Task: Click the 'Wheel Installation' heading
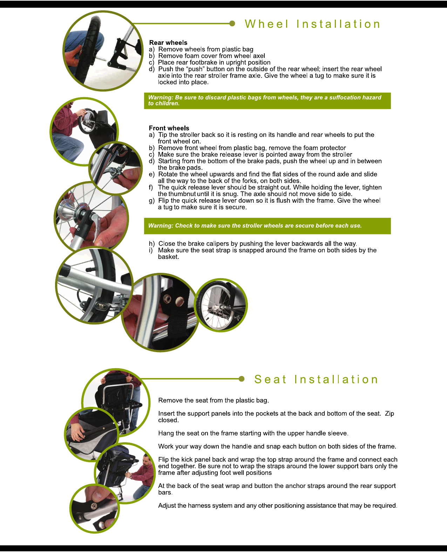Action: pos(312,24)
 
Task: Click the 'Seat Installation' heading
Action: pos(316,379)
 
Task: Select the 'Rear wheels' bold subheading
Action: pos(168,42)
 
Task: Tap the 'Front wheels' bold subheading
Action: pos(169,128)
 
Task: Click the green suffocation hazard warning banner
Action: pos(267,101)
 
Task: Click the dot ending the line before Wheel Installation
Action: pos(232,23)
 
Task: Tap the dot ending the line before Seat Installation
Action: pos(241,379)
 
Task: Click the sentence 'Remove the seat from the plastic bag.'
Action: pos(214,400)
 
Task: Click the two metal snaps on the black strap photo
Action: pos(174,299)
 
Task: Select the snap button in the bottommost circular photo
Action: pos(94,505)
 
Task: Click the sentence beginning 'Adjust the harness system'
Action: pos(277,505)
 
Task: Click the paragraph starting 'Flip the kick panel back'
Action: pos(277,466)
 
